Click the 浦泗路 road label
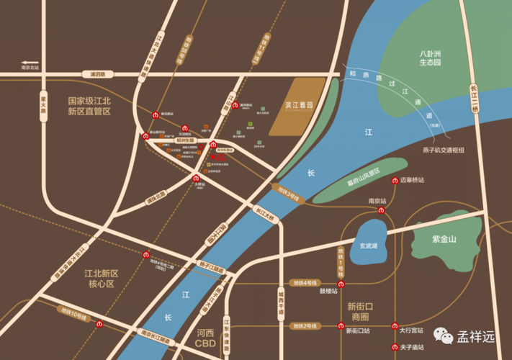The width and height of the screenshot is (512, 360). [x=98, y=74]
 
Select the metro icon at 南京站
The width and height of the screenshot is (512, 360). [x=382, y=210]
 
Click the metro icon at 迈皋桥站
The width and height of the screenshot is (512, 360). [x=395, y=180]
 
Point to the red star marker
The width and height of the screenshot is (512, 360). [x=212, y=156]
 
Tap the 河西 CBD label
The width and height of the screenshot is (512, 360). [x=206, y=338]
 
